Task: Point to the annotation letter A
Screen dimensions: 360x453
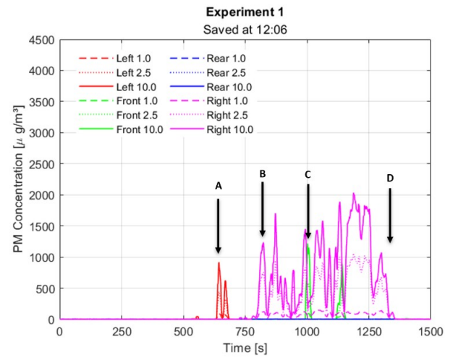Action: point(218,186)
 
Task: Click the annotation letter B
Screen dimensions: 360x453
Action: point(263,174)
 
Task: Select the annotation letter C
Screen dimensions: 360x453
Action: point(308,175)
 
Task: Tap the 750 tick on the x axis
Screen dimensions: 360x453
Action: point(245,331)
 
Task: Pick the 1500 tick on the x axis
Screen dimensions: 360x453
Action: point(431,331)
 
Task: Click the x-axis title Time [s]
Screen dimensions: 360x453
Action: point(245,348)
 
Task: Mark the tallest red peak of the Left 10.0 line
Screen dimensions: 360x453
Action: point(219,263)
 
